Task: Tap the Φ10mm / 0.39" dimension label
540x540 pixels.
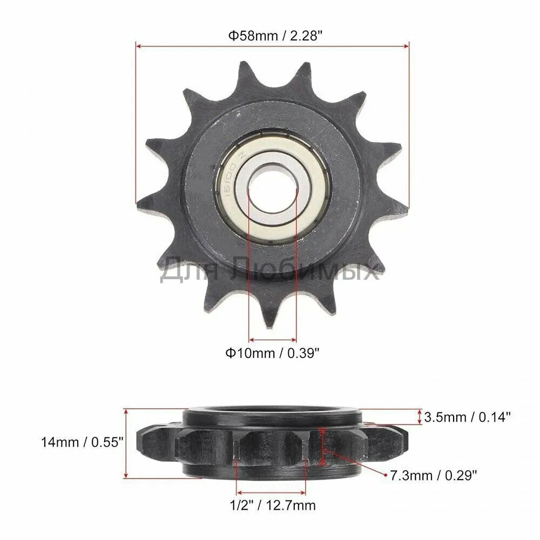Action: coord(272,353)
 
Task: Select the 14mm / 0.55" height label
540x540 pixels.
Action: coord(82,442)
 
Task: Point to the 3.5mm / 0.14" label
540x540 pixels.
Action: coord(467,417)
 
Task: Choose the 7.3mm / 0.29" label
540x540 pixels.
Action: coord(434,476)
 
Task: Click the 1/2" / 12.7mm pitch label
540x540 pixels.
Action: coord(273,505)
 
